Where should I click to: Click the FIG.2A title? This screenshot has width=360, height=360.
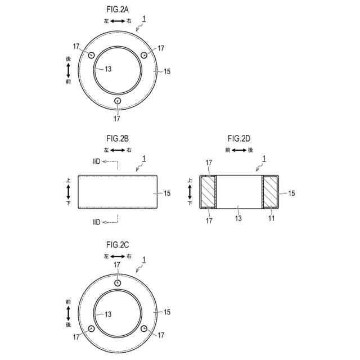pos(118,10)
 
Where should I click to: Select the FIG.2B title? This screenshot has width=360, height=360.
pos(118,139)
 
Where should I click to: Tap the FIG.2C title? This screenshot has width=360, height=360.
pos(118,245)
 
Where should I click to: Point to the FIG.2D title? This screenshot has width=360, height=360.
pos(239,139)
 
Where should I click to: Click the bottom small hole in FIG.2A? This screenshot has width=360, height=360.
pos(118,101)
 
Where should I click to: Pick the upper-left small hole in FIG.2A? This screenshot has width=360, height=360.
pos(91,55)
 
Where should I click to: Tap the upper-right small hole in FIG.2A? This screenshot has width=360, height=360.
pos(144,55)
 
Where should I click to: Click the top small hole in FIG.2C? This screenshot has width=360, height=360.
pos(118,283)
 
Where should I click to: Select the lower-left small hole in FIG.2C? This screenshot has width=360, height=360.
pos(91,328)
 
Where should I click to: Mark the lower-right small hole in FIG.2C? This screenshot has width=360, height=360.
pos(144,328)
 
